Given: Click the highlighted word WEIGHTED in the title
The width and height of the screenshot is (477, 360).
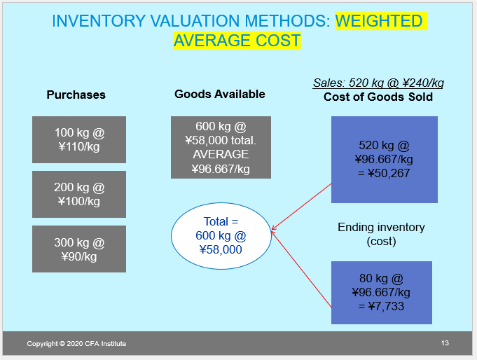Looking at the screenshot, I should [x=379, y=21].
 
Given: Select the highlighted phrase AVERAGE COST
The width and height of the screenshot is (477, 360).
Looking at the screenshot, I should [x=237, y=41].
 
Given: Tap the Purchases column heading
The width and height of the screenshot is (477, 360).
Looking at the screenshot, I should [x=76, y=95].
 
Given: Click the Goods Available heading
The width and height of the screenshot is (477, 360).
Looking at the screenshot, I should [x=220, y=94].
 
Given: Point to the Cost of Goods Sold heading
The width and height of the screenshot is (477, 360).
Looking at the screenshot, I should [x=378, y=97].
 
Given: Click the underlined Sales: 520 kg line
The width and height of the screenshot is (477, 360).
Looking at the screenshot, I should [x=378, y=83].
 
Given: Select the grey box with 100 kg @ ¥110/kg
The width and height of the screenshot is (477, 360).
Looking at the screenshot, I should [x=79, y=139].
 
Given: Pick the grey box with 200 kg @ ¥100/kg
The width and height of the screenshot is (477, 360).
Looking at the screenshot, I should [x=79, y=194].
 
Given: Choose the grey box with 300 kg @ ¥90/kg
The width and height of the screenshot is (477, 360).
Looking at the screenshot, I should [x=79, y=249].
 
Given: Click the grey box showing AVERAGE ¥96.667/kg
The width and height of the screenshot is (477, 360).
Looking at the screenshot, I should [x=221, y=148].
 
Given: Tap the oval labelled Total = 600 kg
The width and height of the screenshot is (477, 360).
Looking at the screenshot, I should [x=221, y=235].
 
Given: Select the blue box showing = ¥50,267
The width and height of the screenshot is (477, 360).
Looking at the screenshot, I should [x=384, y=160].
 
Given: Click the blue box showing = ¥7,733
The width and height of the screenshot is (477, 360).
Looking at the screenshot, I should [x=381, y=292].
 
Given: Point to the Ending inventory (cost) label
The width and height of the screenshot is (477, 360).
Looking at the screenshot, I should [x=381, y=234].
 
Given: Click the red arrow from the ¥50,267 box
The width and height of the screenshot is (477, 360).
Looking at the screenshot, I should [x=301, y=206].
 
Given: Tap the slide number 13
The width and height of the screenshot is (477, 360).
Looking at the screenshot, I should [x=445, y=342].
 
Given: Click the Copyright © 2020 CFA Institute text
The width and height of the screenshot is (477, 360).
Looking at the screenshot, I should [x=77, y=343].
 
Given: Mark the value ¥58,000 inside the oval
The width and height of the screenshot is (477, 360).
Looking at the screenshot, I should [x=221, y=249].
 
